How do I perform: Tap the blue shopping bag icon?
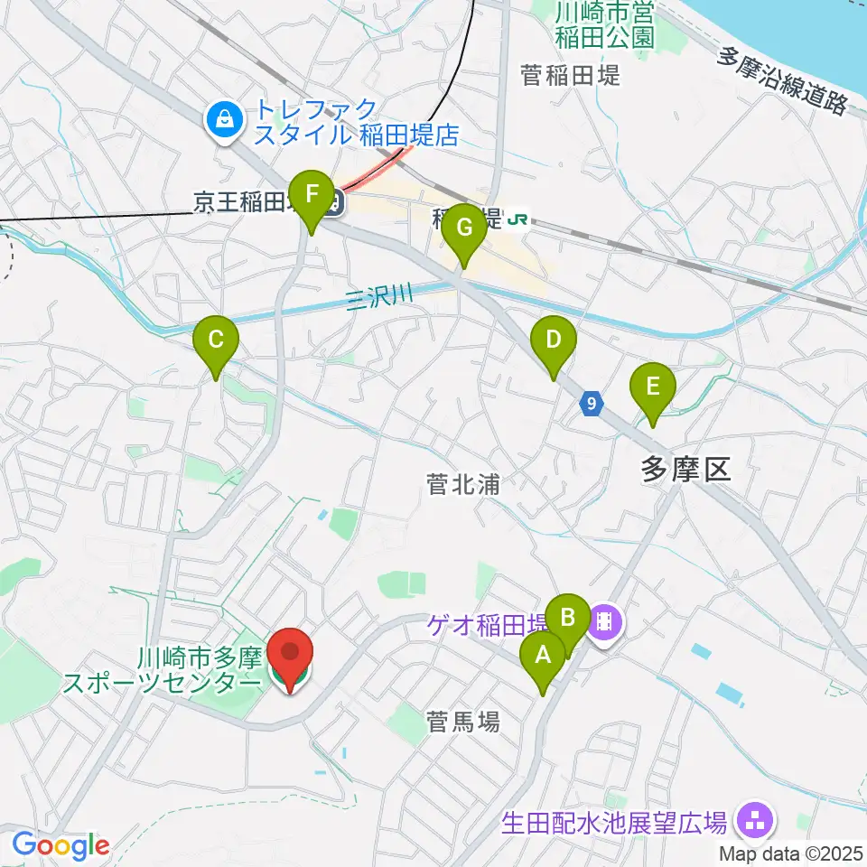pos(223,118)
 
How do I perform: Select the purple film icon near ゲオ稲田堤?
pos(604,621)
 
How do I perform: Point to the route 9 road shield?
pos(591,404)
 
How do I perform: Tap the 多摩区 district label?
pos(684,468)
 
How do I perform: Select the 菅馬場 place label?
pos(462,722)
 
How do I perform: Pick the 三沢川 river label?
pos(379,300)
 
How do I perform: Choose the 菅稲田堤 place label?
pos(571,76)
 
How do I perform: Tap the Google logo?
pos(61,844)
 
